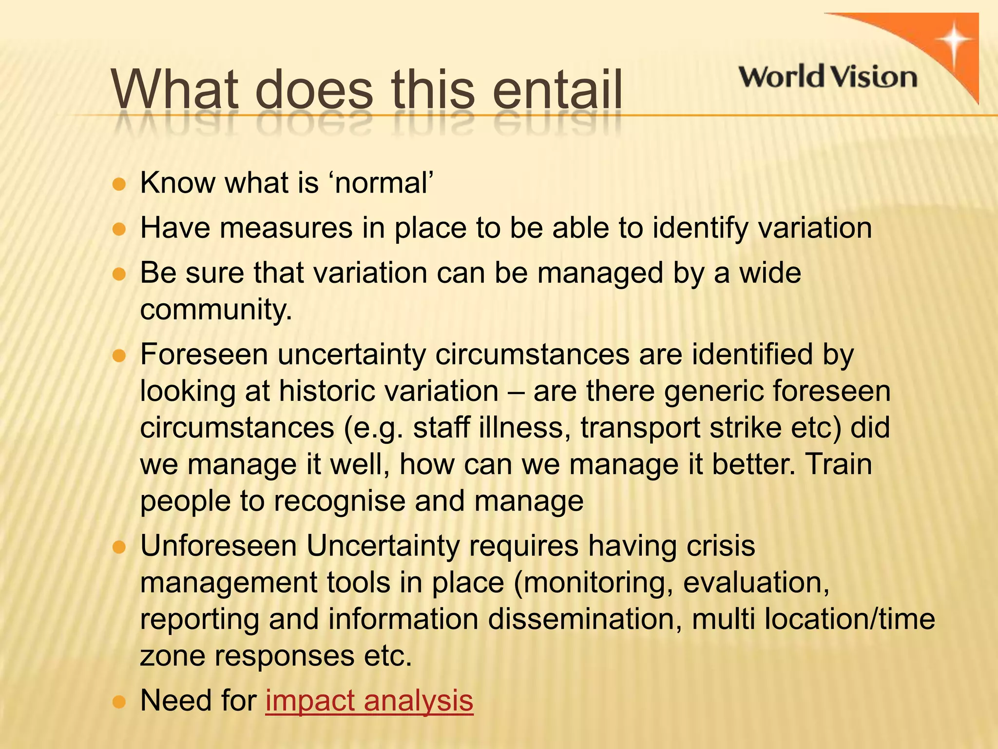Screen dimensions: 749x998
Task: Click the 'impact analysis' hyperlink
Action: click(x=369, y=701)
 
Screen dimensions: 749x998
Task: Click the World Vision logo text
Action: click(x=828, y=77)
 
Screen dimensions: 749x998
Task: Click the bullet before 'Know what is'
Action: click(x=119, y=185)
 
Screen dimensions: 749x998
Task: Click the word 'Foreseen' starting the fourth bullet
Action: click(x=204, y=354)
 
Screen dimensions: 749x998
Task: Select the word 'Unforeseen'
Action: click(x=218, y=546)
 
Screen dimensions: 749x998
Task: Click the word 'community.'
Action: click(x=216, y=310)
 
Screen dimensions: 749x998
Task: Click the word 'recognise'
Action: click(x=339, y=501)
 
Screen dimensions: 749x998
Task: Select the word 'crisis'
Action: click(x=721, y=546)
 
